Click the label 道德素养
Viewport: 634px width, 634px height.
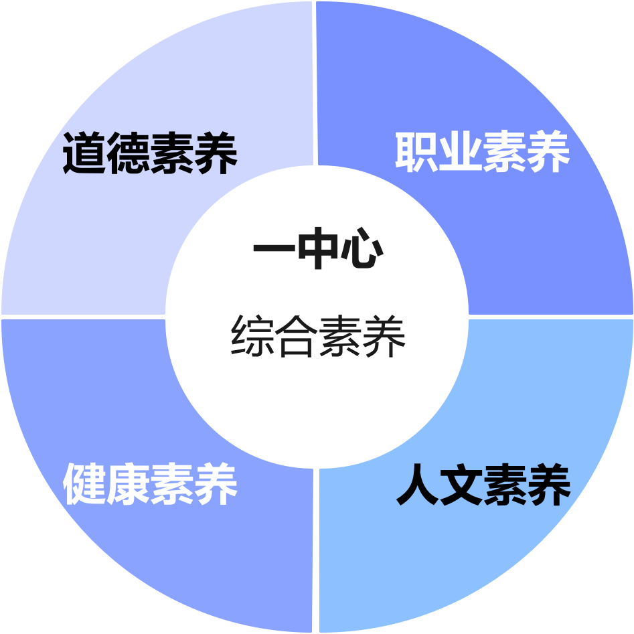(x=150, y=153)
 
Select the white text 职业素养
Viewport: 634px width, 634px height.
(x=482, y=152)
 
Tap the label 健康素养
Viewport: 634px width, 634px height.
(x=150, y=485)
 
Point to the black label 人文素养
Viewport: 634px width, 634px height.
(x=483, y=485)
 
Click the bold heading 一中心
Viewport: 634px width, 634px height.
(x=318, y=251)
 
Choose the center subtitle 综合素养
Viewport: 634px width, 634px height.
(x=318, y=336)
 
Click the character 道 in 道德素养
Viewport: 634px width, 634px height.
(x=84, y=153)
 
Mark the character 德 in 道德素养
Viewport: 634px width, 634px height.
(x=128, y=153)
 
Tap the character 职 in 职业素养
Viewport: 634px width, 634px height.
(x=416, y=152)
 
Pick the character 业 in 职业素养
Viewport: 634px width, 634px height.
(x=460, y=152)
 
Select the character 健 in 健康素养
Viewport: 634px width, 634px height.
(x=84, y=485)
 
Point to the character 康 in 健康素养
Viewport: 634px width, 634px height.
(x=128, y=485)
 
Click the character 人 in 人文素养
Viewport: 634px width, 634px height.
(x=418, y=485)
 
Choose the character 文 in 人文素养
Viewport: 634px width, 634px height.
(x=461, y=485)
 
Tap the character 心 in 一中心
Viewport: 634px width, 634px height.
(x=362, y=251)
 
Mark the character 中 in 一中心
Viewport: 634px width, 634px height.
(x=318, y=251)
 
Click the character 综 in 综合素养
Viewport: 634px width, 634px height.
(x=252, y=336)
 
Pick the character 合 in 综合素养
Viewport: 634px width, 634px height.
(x=296, y=336)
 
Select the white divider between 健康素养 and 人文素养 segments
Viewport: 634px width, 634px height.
(x=316, y=549)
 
